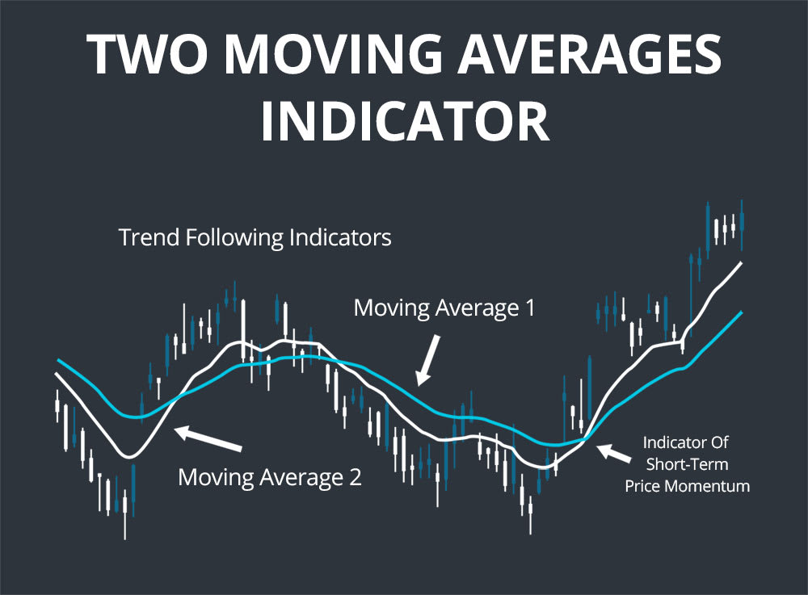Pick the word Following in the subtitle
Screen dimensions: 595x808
[233, 239]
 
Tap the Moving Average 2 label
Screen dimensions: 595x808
[270, 476]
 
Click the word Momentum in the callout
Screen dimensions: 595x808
[709, 486]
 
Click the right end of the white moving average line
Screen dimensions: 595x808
[741, 264]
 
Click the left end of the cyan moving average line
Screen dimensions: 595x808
[57, 360]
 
